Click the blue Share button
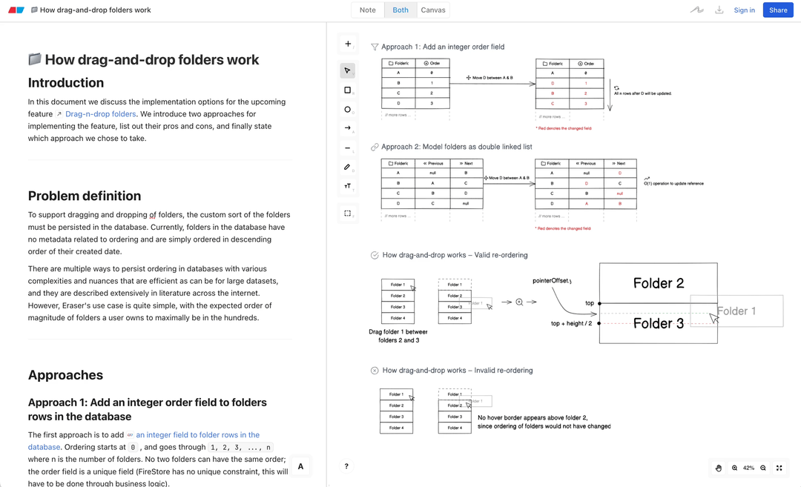tap(778, 10)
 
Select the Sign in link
tap(744, 10)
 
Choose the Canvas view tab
tap(433, 10)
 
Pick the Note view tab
tap(367, 10)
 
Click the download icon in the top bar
tap(719, 10)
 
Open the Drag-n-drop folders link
tap(100, 114)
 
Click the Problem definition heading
tap(85, 196)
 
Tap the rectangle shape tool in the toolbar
tap(347, 90)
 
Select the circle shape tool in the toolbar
tap(347, 110)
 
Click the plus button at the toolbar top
tap(347, 44)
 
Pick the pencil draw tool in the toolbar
tap(347, 168)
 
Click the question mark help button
tap(346, 466)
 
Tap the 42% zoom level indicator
tap(748, 468)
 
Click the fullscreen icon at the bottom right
tap(779, 468)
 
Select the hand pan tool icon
tap(719, 468)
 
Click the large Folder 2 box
tap(658, 283)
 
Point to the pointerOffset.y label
tap(552, 281)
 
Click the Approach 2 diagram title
tap(456, 147)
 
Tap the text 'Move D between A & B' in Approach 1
tap(492, 78)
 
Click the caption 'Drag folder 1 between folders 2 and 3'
tap(398, 336)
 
